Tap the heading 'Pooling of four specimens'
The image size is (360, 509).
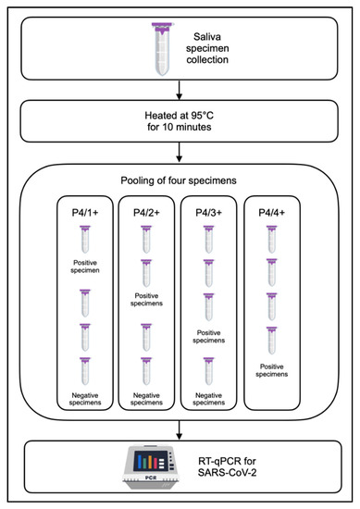pyautogui.click(x=179, y=179)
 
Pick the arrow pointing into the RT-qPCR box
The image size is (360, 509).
pyautogui.click(x=180, y=430)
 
